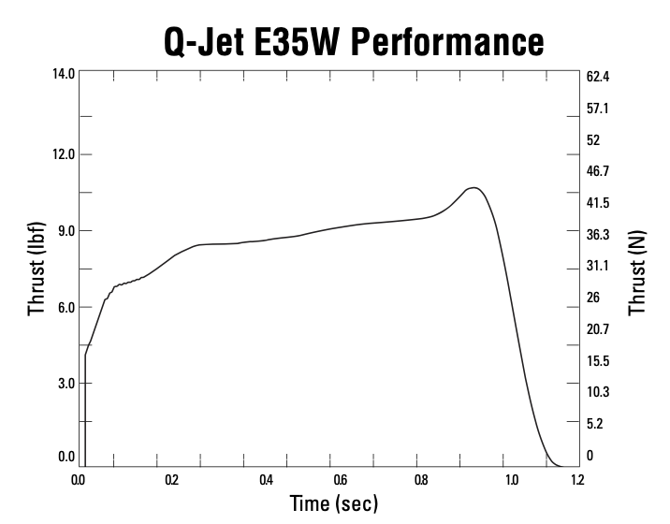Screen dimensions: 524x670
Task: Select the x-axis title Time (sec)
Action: click(334, 503)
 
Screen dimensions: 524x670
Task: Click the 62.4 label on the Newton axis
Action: click(598, 77)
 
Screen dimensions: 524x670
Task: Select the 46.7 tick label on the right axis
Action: click(598, 171)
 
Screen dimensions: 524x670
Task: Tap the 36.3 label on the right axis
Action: click(598, 234)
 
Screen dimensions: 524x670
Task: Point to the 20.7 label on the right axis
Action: click(598, 329)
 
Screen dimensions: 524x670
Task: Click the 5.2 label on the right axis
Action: click(595, 424)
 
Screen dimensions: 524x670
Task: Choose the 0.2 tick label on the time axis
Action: click(170, 480)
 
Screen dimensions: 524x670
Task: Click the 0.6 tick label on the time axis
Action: click(340, 480)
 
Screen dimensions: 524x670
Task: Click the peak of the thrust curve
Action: click(474, 188)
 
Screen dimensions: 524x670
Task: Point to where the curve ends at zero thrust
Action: click(560, 465)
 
